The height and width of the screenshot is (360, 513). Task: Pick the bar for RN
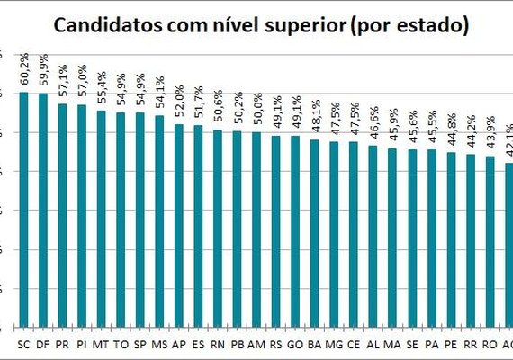(217, 229)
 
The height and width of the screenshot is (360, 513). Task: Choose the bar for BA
(314, 233)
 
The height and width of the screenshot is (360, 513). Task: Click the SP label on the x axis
(139, 343)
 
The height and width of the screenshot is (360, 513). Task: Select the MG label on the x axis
(334, 343)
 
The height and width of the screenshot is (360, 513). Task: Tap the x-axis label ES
(198, 343)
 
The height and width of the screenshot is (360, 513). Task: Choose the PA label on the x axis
(431, 343)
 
